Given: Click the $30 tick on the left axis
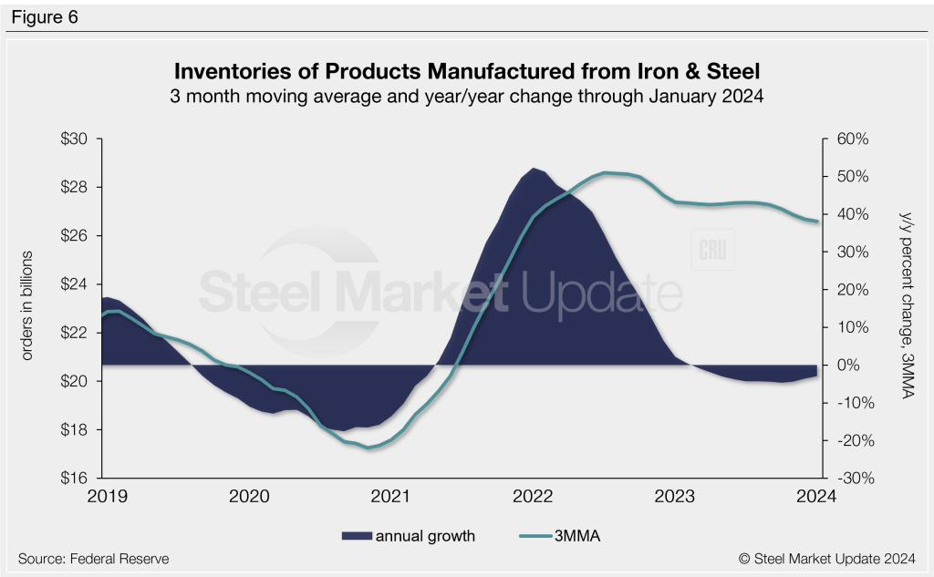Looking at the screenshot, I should (78, 139).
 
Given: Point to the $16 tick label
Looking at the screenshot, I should (78, 479).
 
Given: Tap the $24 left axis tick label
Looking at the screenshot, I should (78, 284).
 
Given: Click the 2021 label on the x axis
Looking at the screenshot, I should (391, 496).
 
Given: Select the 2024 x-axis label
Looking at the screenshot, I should (817, 496).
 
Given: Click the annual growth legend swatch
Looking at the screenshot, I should (355, 536).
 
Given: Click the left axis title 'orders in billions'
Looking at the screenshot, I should (27, 304).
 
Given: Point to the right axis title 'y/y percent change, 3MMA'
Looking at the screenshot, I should (904, 305).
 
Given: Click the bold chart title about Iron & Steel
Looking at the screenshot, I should (466, 71).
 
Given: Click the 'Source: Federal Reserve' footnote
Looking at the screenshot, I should (93, 558).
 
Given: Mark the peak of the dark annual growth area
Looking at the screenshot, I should (534, 169).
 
